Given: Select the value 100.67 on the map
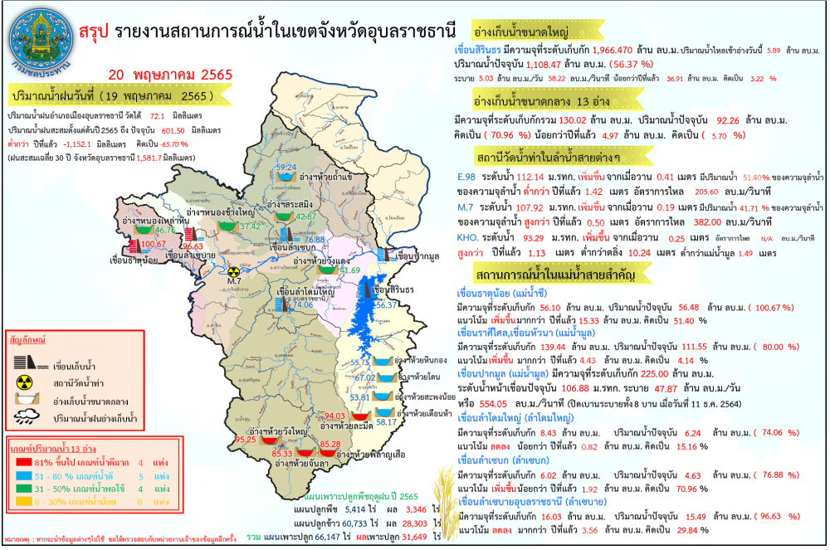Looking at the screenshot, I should pyautogui.click(x=154, y=244).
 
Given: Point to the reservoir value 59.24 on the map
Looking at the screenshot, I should pyautogui.click(x=286, y=168).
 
